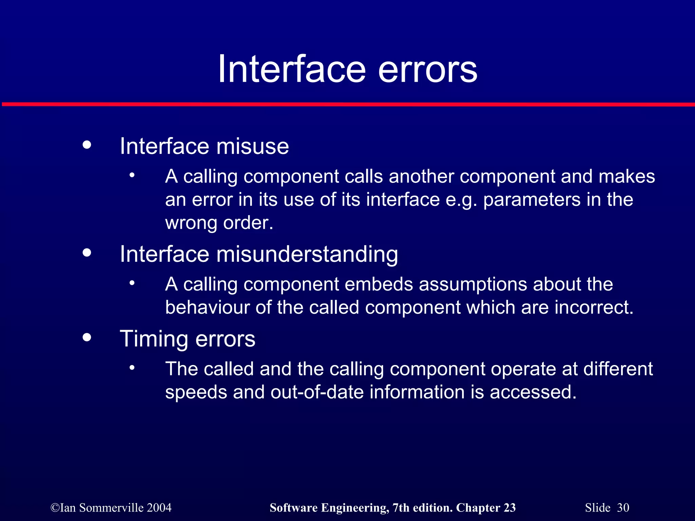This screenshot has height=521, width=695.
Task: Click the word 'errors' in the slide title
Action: [x=428, y=70]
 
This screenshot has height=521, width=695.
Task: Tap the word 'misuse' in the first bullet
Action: [x=252, y=147]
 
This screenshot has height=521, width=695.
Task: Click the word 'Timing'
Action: [x=154, y=339]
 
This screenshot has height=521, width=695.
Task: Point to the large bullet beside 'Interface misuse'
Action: [x=87, y=145]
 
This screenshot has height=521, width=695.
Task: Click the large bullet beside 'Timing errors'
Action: [x=87, y=337]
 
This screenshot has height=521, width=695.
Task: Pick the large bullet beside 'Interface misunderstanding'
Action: [x=87, y=253]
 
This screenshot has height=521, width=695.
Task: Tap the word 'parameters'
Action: [x=532, y=199]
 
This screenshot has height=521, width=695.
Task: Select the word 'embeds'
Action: [x=379, y=284]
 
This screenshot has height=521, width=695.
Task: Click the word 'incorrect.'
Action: [x=594, y=307]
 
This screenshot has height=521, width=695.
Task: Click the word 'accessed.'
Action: [x=533, y=392]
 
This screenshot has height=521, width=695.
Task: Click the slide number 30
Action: [x=623, y=508]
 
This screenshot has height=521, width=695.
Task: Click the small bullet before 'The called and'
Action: [x=132, y=368]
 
